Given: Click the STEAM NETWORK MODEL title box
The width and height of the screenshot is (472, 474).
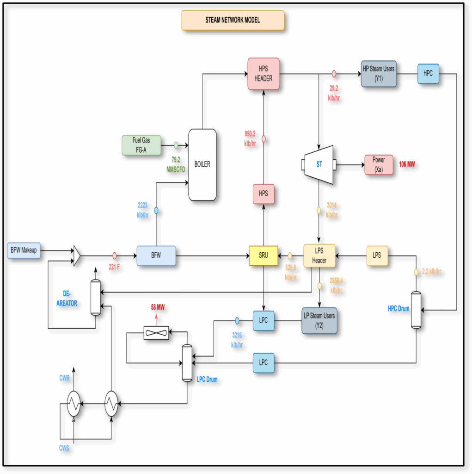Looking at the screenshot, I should (x=233, y=20).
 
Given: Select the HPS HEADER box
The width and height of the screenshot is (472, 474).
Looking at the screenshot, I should (x=264, y=74).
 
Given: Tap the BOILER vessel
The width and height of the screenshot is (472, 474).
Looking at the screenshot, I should (x=202, y=164).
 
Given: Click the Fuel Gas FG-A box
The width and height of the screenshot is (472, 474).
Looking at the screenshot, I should (x=141, y=145).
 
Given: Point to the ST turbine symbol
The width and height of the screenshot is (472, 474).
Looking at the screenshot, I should (x=319, y=164).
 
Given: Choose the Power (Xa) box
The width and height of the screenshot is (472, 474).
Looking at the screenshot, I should (x=379, y=165).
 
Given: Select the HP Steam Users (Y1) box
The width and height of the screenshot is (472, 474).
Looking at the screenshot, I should (x=379, y=74).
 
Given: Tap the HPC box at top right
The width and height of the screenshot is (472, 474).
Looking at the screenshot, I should (x=428, y=74).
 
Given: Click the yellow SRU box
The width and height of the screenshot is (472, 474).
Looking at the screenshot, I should (x=264, y=256).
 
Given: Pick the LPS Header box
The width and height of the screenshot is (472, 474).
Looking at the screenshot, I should (x=319, y=256).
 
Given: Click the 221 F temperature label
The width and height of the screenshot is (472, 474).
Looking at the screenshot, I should (x=115, y=267).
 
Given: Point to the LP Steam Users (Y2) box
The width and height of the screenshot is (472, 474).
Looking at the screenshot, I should (x=319, y=320).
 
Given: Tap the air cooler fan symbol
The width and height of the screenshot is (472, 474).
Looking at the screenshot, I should (x=156, y=332).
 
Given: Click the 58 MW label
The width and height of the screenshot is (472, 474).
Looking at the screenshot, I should (x=158, y=307).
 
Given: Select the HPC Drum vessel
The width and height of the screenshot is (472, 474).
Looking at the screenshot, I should (x=416, y=310).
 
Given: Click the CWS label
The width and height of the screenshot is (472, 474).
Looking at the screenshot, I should (x=63, y=448).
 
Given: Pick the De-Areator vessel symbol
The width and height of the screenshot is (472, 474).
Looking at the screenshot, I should (x=95, y=298).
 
